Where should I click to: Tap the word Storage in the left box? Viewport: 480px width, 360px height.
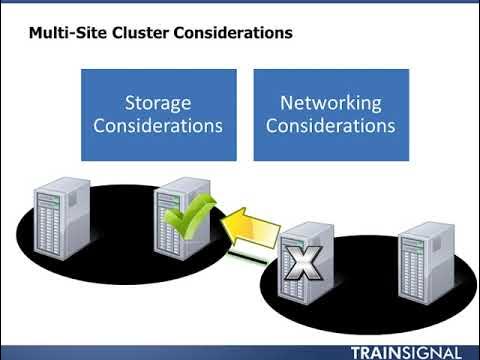coord(158,102)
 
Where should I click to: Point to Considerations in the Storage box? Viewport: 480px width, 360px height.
coord(158,126)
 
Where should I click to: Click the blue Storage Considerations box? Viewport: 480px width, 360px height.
coord(158,114)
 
